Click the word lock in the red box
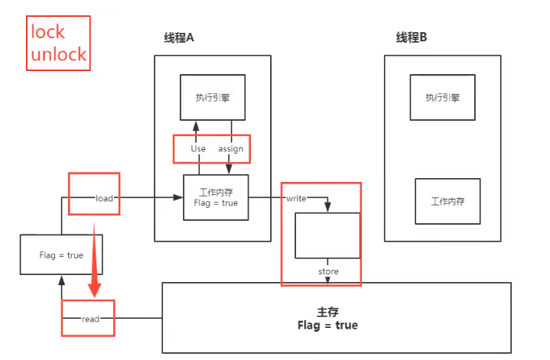pos(47,32)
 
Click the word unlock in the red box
pos(58,55)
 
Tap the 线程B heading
pos(412,39)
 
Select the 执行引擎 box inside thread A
pos(213,97)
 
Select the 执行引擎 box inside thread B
pos(442,97)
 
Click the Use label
pos(198,149)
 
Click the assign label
pos(231,149)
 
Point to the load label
pos(104,199)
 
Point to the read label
pos(90,319)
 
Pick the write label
pos(296,199)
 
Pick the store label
pos(329,272)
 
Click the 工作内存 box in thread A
pos(216,198)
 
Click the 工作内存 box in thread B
pos(447,202)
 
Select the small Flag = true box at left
pos(61,255)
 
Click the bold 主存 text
pos(327,313)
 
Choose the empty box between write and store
pos(328,235)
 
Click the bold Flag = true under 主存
pos(327,326)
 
